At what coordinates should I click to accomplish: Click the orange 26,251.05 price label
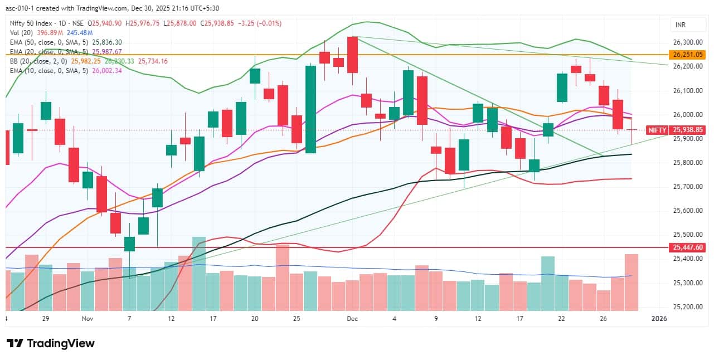(688, 55)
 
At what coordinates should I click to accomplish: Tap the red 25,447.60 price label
(688, 247)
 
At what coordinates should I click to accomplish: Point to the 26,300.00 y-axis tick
(687, 42)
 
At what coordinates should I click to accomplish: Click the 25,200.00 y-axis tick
(687, 307)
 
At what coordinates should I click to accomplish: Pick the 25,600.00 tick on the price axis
(687, 211)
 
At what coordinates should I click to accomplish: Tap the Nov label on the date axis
(87, 319)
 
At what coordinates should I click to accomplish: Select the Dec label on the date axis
(352, 319)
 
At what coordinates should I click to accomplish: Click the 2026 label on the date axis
(659, 319)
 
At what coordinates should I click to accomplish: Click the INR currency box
(680, 25)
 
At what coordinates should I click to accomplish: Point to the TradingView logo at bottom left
(51, 343)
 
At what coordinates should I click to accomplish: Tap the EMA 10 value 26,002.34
(106, 70)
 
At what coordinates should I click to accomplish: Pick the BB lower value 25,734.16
(153, 61)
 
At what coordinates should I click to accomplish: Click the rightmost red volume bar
(631, 282)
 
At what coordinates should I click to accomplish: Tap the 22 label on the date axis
(561, 319)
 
